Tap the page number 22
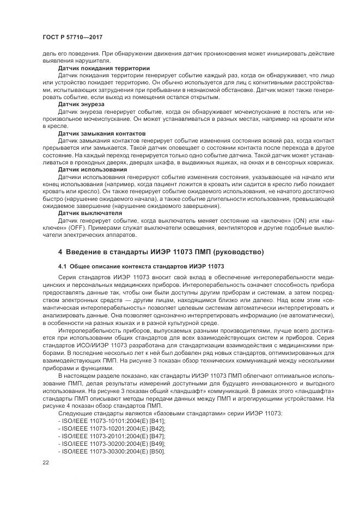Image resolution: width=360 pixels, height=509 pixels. click(45, 462)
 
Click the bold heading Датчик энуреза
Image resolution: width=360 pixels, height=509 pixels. click(81, 103)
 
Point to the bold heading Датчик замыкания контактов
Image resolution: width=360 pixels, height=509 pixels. click(102, 133)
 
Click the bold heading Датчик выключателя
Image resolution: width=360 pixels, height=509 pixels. click(90, 213)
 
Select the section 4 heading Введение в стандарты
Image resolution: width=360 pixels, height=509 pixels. click(161, 252)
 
